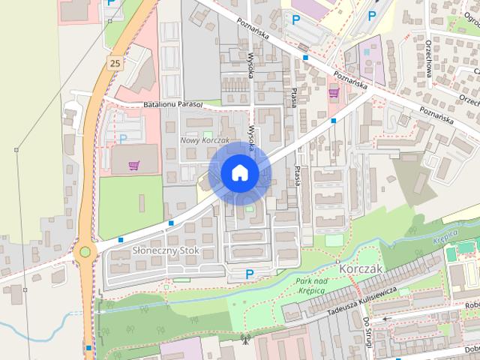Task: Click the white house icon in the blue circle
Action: (x=239, y=172)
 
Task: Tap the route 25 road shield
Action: (x=114, y=64)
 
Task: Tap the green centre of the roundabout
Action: (x=85, y=251)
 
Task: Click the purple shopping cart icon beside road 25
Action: (x=133, y=166)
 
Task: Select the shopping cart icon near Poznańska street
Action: (x=334, y=91)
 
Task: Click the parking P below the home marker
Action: (x=250, y=274)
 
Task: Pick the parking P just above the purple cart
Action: (x=123, y=139)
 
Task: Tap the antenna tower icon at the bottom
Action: (x=244, y=340)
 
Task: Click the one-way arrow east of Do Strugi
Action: (x=387, y=318)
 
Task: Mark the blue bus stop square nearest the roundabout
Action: (x=121, y=239)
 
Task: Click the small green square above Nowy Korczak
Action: (x=206, y=134)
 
